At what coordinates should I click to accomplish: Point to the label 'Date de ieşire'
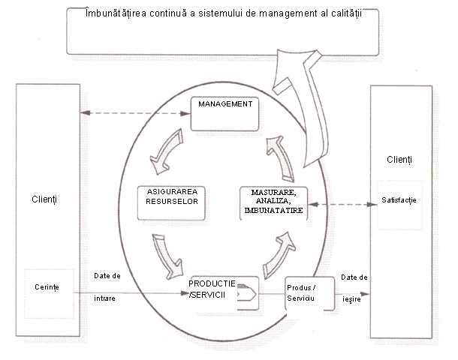[x=354, y=287]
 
